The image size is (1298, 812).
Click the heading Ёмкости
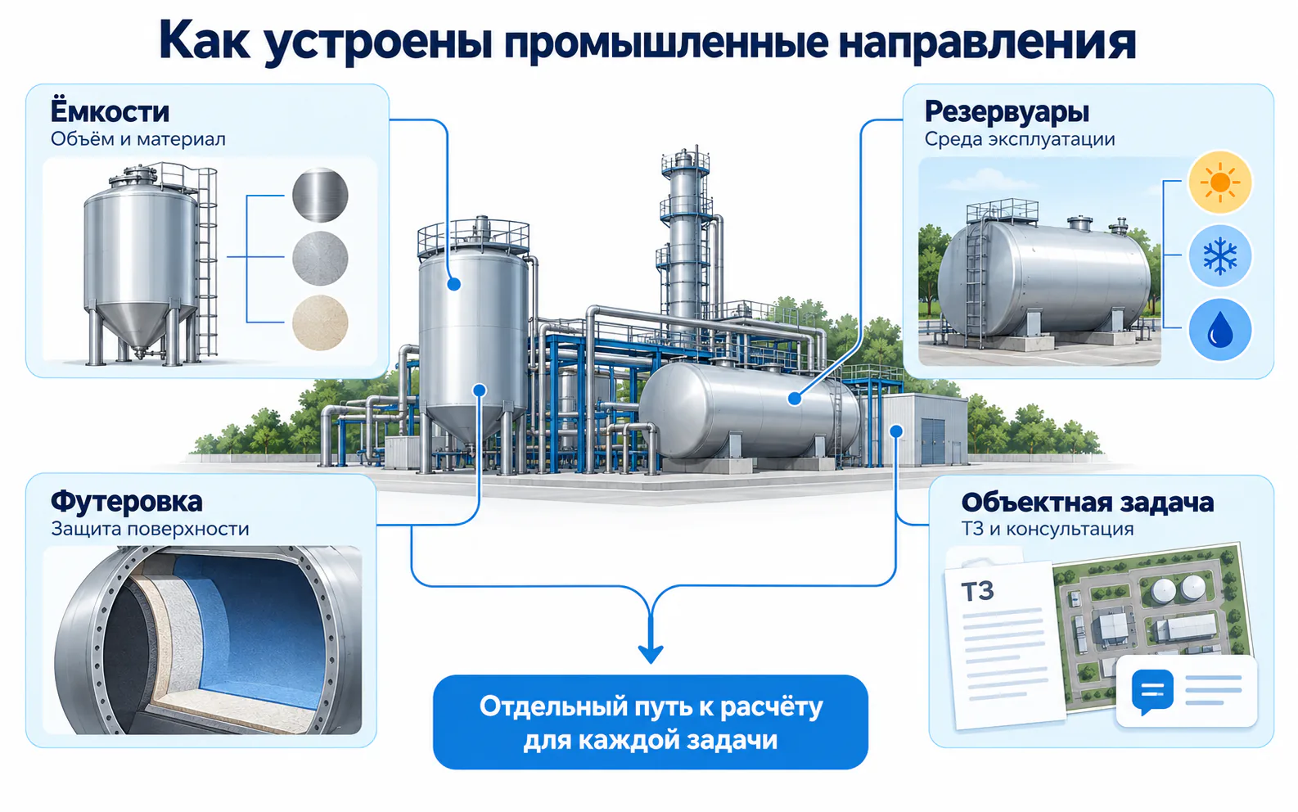click(110, 111)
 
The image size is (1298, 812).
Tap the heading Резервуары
click(1007, 112)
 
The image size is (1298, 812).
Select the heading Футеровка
click(126, 502)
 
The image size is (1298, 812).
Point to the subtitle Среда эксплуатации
click(1019, 140)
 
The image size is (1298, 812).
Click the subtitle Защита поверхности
click(150, 529)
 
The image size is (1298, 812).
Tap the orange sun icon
click(1219, 182)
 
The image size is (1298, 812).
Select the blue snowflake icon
click(1219, 255)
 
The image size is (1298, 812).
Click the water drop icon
click(1219, 330)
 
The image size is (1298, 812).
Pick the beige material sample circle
click(320, 323)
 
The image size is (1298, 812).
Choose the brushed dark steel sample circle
click(320, 196)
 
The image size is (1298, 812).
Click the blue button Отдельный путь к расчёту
click(650, 722)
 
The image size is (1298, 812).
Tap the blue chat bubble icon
click(1152, 692)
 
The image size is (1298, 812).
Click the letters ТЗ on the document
click(977, 592)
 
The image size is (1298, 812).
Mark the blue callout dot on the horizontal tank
click(795, 398)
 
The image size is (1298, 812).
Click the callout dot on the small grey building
click(896, 431)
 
